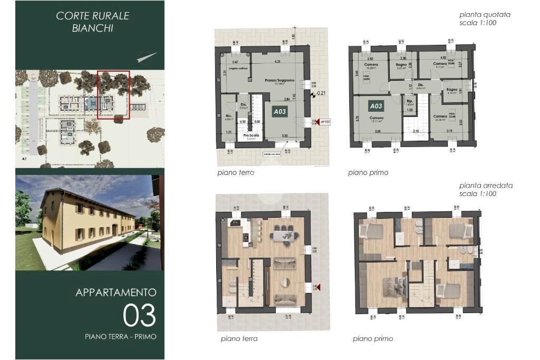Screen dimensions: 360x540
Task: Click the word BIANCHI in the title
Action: (93, 28)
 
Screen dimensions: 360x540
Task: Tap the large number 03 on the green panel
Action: (139, 315)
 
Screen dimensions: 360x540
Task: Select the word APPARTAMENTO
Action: (116, 292)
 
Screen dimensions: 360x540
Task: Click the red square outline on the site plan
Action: (113, 95)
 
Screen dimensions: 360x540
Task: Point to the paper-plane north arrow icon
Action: (147, 56)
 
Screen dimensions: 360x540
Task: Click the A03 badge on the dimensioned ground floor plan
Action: (279, 112)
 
